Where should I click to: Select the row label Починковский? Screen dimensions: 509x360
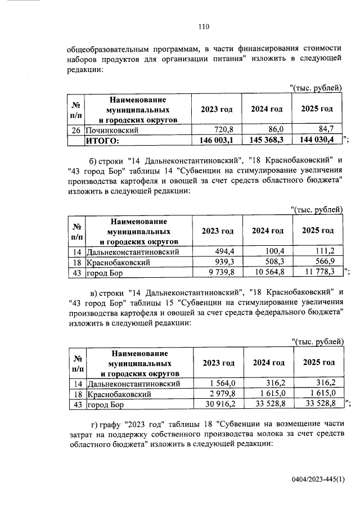point(112,129)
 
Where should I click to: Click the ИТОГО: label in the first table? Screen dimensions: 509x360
point(102,139)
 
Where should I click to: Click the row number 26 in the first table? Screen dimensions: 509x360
point(76,129)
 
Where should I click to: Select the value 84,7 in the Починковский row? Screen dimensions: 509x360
point(327,129)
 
